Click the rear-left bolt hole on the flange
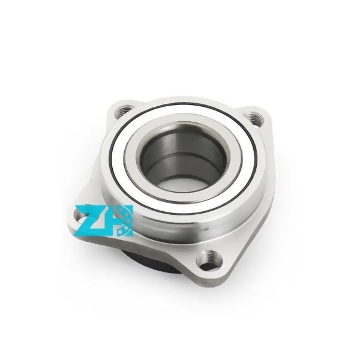pos(124,110)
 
